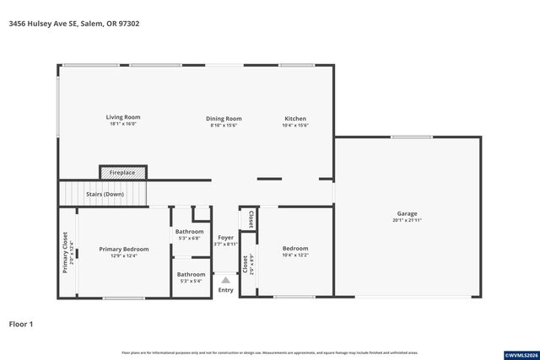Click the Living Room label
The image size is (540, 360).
[123, 117]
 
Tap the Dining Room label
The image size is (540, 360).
[224, 119]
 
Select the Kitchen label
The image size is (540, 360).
[295, 119]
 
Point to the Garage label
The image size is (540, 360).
[408, 213]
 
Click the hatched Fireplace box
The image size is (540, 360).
[122, 172]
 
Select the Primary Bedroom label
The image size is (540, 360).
[123, 249]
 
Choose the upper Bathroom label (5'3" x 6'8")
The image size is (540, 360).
[190, 231]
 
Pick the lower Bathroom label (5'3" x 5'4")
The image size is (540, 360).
[191, 274]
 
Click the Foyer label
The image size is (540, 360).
[225, 238]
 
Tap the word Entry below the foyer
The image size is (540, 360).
[225, 290]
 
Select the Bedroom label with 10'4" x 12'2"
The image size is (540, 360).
[295, 249]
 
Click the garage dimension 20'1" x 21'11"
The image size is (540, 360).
[408, 221]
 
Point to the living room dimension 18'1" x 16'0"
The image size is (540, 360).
[123, 125]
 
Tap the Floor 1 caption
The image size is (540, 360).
[21, 323]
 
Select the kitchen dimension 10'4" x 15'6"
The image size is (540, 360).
[295, 126]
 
